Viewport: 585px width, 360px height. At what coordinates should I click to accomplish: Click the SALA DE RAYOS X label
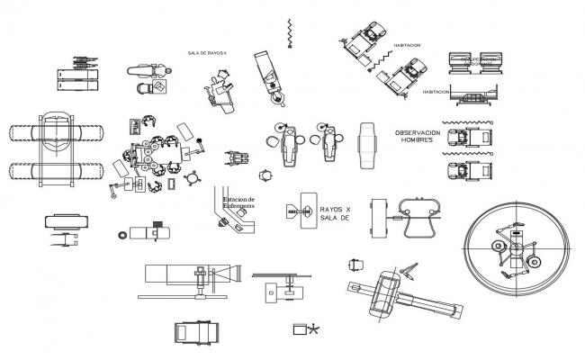[206, 53]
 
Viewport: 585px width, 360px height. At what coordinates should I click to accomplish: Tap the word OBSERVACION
[426, 132]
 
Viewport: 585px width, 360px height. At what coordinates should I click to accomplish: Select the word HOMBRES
[418, 140]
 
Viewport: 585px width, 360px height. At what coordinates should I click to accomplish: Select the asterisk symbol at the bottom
[313, 330]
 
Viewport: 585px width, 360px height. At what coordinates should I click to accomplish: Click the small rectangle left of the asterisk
[299, 330]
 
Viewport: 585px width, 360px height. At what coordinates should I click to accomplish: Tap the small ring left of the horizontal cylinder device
[122, 235]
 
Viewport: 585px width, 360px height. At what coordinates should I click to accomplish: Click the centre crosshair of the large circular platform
[516, 245]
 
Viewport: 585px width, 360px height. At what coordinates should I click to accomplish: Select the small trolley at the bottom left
[195, 332]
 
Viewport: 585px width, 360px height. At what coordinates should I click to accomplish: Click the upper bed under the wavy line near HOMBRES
[471, 138]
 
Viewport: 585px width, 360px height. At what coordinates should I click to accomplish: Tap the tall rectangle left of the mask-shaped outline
[378, 217]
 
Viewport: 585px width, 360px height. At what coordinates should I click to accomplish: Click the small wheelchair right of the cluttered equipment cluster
[236, 158]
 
